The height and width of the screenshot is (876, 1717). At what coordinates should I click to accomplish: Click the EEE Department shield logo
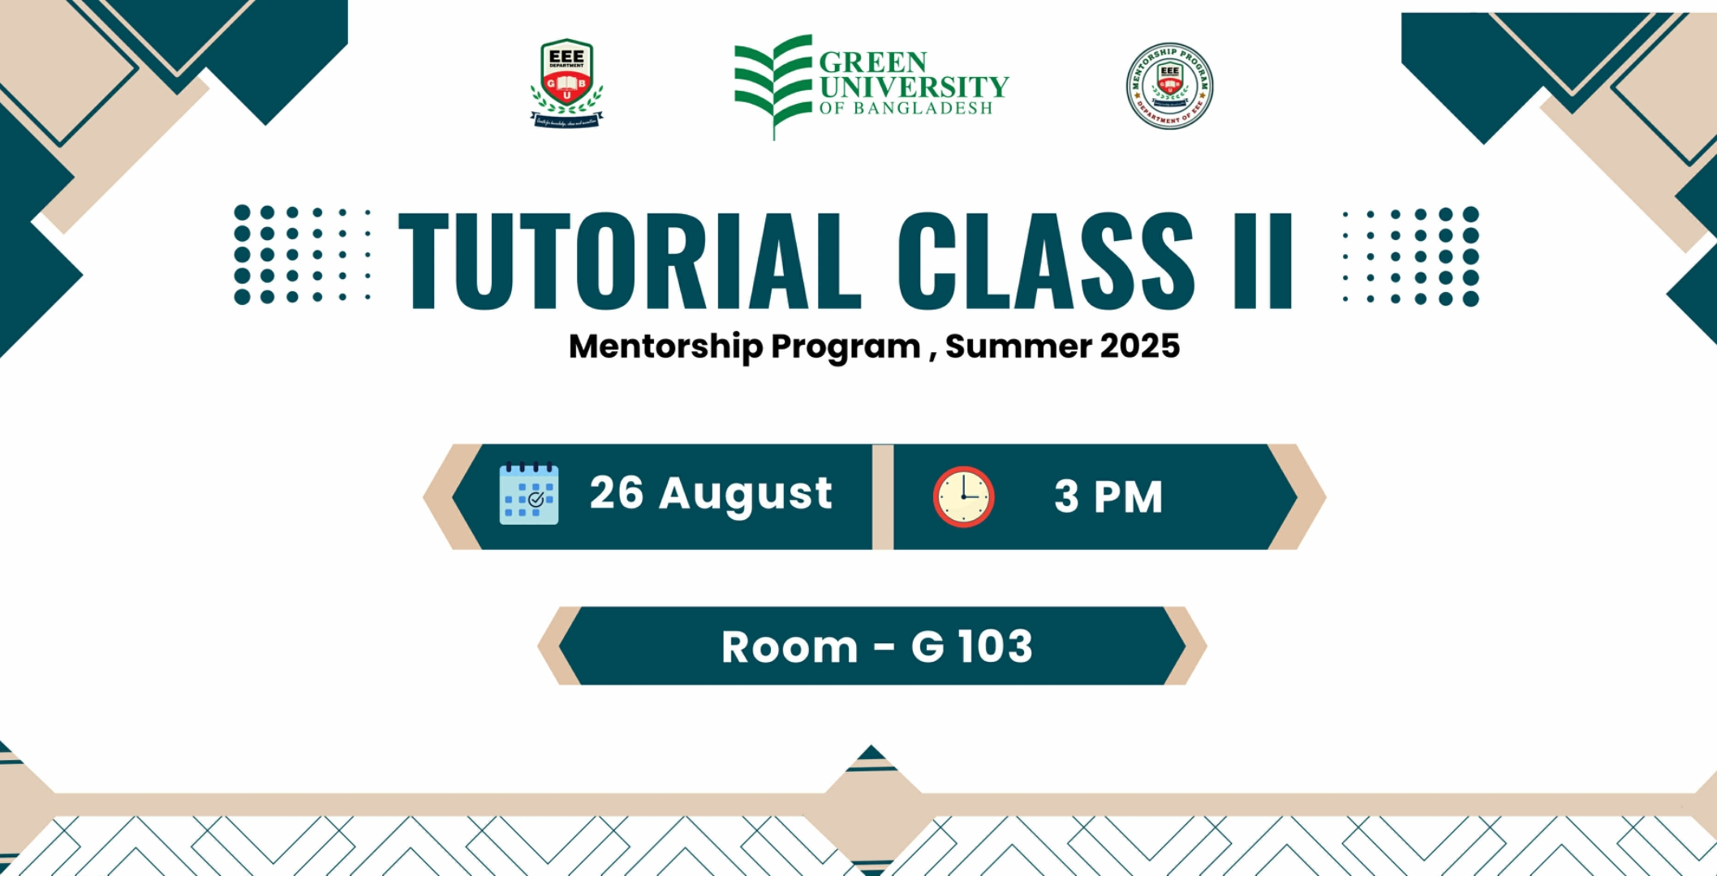pyautogui.click(x=566, y=81)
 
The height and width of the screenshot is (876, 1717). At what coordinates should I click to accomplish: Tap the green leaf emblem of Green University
pyautogui.click(x=773, y=81)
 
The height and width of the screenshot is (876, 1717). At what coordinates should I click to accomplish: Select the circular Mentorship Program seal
pyautogui.click(x=1169, y=85)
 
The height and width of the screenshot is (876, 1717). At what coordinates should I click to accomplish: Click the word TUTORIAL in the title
pyautogui.click(x=629, y=260)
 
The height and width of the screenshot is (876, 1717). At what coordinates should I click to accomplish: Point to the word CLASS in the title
pyautogui.click(x=1045, y=260)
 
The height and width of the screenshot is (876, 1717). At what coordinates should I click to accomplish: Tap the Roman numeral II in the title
pyautogui.click(x=1263, y=260)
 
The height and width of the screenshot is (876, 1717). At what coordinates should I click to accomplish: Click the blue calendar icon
pyautogui.click(x=528, y=494)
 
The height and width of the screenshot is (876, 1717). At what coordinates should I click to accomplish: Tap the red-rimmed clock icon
pyautogui.click(x=963, y=496)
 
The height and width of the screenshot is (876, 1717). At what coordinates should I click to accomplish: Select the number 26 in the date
pyautogui.click(x=617, y=492)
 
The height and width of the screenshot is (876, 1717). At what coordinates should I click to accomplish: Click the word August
pyautogui.click(x=746, y=494)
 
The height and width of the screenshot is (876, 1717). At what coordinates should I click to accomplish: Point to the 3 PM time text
pyautogui.click(x=1108, y=496)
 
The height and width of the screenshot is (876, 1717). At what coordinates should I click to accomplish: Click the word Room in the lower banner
pyautogui.click(x=790, y=647)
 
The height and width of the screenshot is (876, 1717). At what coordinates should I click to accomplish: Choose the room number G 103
pyautogui.click(x=971, y=646)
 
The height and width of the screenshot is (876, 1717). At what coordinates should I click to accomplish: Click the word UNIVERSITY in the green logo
pyautogui.click(x=914, y=86)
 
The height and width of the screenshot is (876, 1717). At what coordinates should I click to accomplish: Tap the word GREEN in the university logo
pyautogui.click(x=873, y=62)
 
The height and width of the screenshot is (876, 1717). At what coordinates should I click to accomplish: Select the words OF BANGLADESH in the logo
pyautogui.click(x=906, y=109)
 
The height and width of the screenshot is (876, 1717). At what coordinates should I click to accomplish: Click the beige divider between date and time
pyautogui.click(x=883, y=496)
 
